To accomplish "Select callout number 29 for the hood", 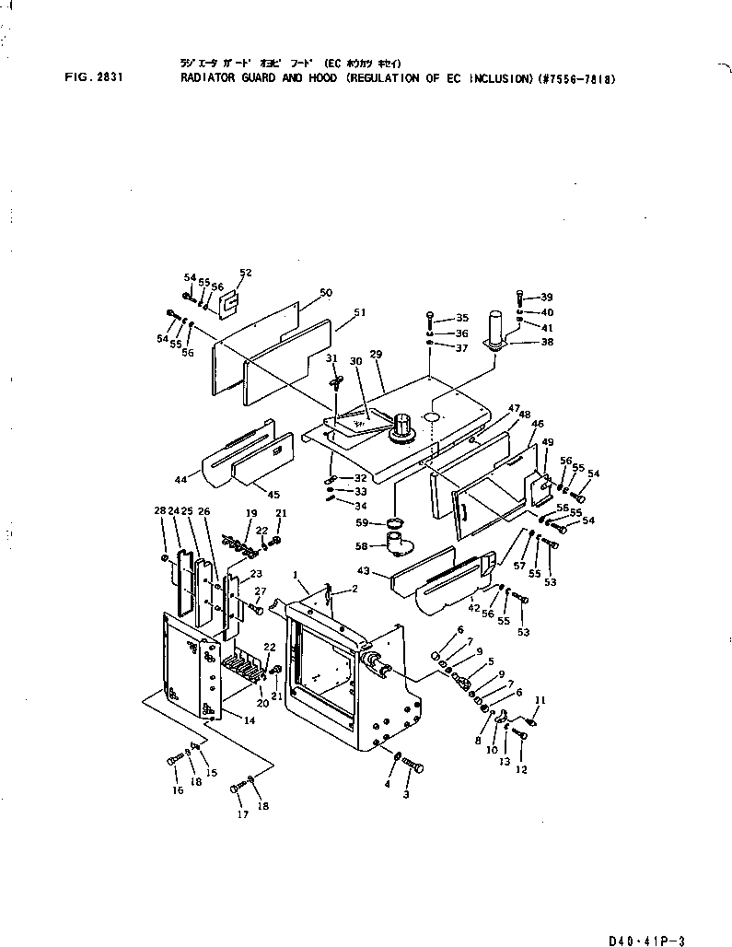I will coord(376,354).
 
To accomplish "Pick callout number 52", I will coord(245,273).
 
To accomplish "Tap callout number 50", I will coord(326,292).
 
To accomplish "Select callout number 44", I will coord(180,480).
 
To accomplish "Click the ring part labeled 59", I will coord(394,524).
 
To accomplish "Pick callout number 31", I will coord(331,358).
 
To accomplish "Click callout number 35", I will coord(462,318).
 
